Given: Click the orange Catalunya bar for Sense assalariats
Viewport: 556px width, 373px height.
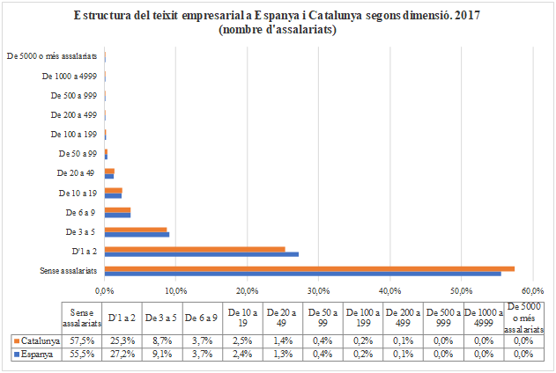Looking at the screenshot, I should coord(308,268).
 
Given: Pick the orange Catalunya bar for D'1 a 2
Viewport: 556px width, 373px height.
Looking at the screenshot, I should coord(195,249).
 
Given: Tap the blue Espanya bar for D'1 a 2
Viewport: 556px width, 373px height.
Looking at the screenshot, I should coord(201,253).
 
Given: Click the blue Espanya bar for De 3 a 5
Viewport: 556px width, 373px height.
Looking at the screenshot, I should coord(137,234).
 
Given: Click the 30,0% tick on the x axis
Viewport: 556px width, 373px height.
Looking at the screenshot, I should coord(318,289).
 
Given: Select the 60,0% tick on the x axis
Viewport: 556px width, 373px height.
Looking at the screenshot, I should coord(532,289).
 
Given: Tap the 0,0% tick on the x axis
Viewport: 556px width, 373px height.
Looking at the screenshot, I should coord(105,289).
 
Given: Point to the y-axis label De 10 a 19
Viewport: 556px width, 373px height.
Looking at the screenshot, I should coord(78,192).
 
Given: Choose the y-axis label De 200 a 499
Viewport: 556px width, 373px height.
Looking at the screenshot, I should coord(74,114).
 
